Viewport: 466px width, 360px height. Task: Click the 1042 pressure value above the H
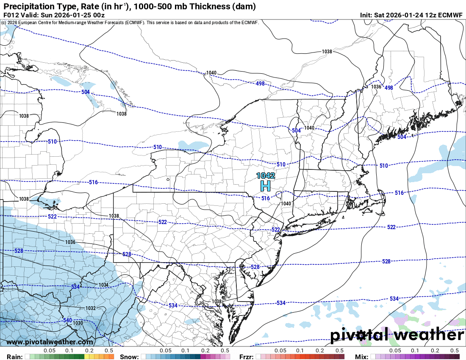click(266, 175)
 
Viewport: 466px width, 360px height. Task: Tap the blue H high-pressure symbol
click(266, 186)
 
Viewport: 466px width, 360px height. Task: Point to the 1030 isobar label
click(78, 323)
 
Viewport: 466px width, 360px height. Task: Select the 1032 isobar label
click(90, 308)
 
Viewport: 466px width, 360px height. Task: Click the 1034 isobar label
click(104, 285)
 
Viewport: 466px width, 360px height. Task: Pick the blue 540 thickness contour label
click(67, 320)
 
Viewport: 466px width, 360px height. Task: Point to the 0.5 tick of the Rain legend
click(109, 351)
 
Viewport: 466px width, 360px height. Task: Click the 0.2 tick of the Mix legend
click(435, 351)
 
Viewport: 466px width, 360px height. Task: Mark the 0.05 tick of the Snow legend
click(166, 351)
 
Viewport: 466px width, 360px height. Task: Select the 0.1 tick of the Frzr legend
click(300, 351)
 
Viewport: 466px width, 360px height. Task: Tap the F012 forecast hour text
click(10, 14)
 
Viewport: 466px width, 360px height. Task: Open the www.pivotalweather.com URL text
click(50, 342)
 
